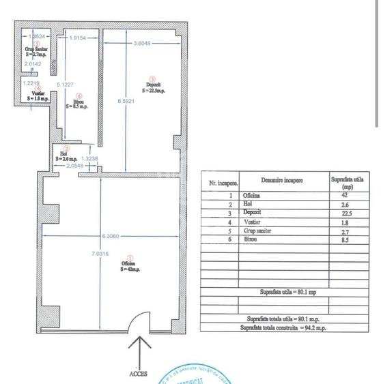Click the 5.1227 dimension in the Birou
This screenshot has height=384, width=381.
[66, 84]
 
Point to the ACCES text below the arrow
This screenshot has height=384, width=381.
[138, 374]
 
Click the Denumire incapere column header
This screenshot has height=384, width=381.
[282, 181]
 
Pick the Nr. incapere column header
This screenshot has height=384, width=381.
[223, 183]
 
